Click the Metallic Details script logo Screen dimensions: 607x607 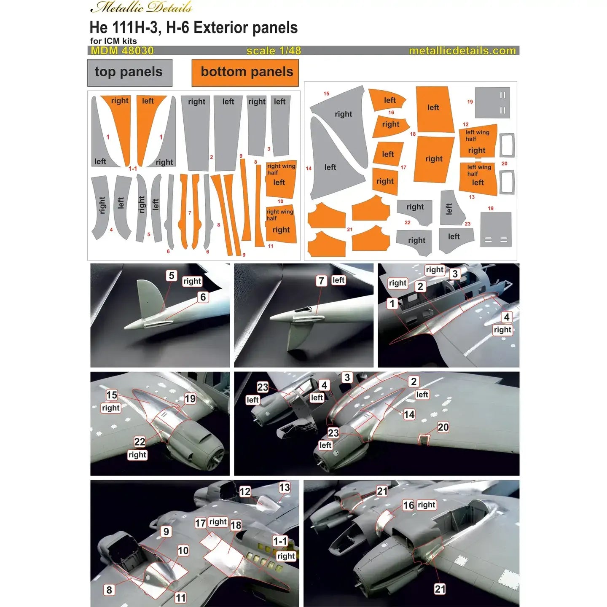coord(141,8)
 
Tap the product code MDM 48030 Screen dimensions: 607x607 coord(122,51)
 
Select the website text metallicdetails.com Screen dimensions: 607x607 coord(462,51)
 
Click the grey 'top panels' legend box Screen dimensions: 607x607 coord(129,73)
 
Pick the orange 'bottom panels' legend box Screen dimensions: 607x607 coord(246,73)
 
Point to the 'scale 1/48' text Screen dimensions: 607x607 coord(274,51)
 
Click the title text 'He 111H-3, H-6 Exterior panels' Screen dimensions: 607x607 coord(193,28)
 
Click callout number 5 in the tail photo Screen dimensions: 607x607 coord(171,275)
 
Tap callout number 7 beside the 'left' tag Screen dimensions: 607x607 coord(322,280)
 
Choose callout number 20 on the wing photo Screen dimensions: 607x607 coord(443,427)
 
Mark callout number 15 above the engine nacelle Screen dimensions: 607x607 coord(112,395)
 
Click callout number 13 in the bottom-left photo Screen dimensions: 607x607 coord(285,487)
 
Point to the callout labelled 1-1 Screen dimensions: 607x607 coord(280,541)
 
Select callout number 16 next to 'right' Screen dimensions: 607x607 coord(408,505)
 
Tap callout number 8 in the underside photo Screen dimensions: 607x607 coord(109,590)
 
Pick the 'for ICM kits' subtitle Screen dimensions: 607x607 coord(113,41)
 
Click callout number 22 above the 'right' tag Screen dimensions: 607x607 coord(140,441)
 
